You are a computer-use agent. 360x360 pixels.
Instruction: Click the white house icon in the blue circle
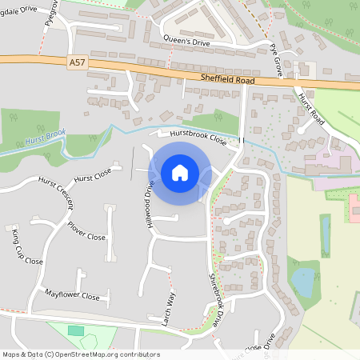[x=180, y=173]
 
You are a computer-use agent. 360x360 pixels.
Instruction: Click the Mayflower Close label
[x=72, y=295]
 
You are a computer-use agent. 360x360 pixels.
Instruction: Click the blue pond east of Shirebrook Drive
[x=303, y=281]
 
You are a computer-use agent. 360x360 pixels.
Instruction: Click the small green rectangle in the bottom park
[x=76, y=330]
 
